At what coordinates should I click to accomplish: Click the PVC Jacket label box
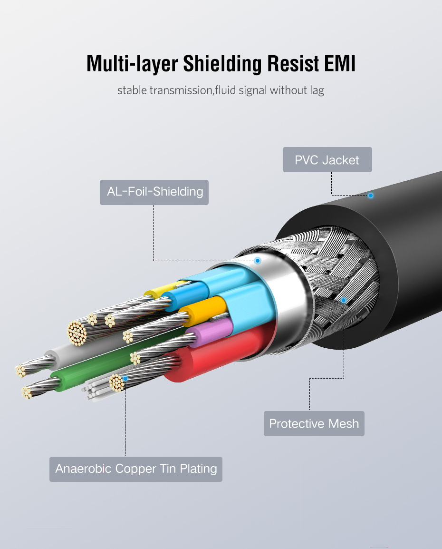pos(327,160)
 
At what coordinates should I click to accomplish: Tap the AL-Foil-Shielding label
pos(154,192)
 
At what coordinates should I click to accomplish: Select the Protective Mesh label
pos(314,423)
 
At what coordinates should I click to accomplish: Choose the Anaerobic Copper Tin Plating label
pos(136,469)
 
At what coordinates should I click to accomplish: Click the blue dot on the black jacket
pos(371,195)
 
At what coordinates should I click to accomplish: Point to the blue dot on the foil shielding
pos(258,261)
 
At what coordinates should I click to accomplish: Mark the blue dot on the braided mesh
pos(344,300)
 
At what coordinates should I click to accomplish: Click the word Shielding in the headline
pos(219,63)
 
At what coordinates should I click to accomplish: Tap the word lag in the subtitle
pos(317,90)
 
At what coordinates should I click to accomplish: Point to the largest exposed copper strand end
pos(77,332)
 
